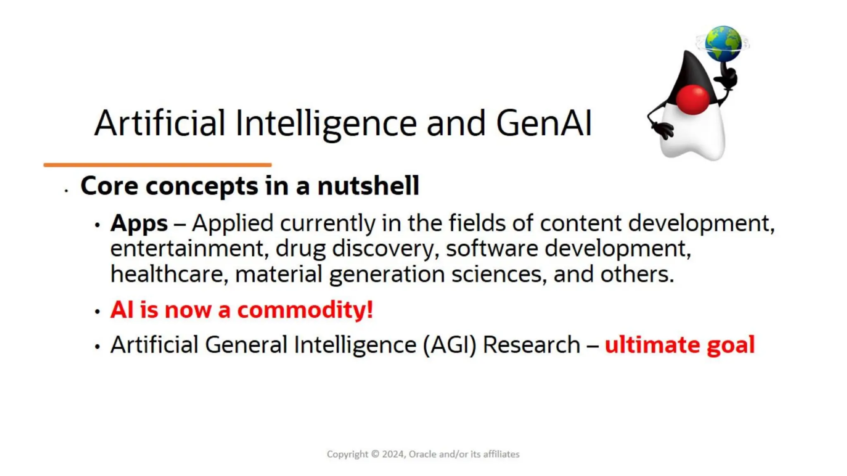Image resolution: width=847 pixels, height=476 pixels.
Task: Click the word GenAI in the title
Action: (x=544, y=123)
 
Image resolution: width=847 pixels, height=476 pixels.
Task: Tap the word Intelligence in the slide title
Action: (x=326, y=123)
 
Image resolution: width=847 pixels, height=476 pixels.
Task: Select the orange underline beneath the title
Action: (x=158, y=165)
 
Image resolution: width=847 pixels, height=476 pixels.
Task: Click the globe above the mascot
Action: (x=723, y=43)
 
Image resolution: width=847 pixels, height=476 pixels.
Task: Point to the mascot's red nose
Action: (x=693, y=100)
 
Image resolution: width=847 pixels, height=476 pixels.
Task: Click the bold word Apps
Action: (x=139, y=224)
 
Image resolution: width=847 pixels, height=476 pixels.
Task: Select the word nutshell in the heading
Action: (x=368, y=186)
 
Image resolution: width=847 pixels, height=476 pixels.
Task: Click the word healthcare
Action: (x=167, y=274)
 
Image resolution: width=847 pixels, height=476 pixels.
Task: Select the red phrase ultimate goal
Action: (x=680, y=345)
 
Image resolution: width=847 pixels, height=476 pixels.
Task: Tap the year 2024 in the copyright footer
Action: (x=393, y=454)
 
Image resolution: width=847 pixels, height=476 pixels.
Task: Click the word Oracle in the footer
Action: (x=422, y=454)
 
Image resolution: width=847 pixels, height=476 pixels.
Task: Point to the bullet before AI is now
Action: (x=98, y=312)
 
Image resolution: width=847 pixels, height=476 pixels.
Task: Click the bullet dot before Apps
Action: (x=98, y=225)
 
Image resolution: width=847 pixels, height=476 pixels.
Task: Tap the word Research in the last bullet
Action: (x=531, y=345)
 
